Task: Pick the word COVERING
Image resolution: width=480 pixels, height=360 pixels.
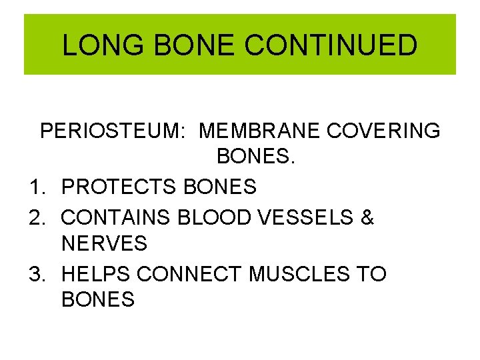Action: click(383, 131)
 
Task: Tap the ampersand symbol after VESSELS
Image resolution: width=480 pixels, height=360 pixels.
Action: click(367, 216)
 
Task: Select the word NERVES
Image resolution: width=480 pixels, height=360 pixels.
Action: click(104, 244)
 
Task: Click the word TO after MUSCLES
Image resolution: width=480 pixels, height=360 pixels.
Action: click(371, 273)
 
